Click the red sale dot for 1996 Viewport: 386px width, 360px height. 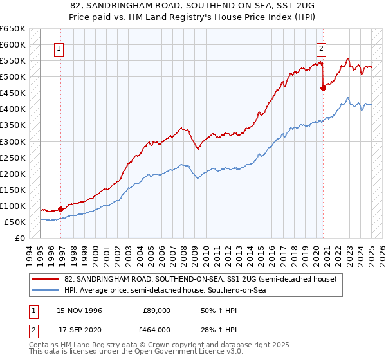(x=61, y=209)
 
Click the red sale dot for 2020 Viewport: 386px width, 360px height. (x=323, y=89)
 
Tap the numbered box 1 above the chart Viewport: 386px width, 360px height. (x=59, y=47)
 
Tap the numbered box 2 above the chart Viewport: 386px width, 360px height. (x=320, y=47)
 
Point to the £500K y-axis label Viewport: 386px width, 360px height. (x=13, y=77)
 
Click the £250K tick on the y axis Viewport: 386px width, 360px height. (x=13, y=157)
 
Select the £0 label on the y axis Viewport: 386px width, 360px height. (x=20, y=238)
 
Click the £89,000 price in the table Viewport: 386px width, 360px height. (x=156, y=310)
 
